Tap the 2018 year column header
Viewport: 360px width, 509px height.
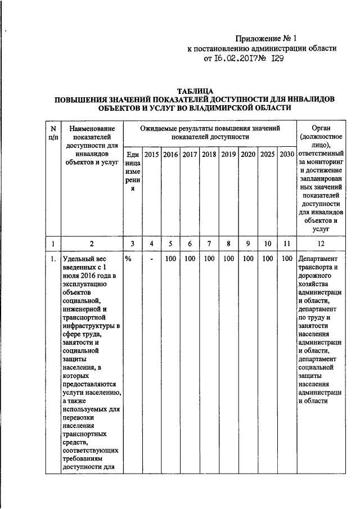tap(209, 154)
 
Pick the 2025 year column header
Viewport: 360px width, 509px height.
tap(267, 154)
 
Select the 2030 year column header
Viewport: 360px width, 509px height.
tap(287, 154)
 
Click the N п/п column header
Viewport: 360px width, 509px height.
tap(52, 133)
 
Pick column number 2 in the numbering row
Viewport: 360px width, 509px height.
tap(92, 244)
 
